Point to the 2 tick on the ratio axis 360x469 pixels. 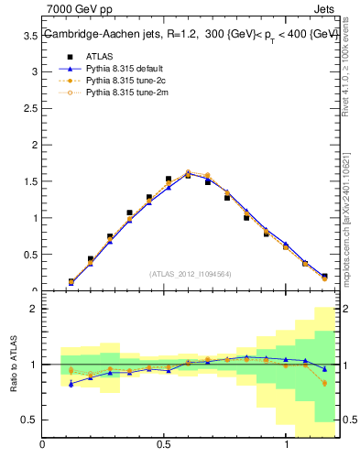tap(34, 309)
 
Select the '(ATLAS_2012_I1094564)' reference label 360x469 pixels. tap(191, 273)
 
